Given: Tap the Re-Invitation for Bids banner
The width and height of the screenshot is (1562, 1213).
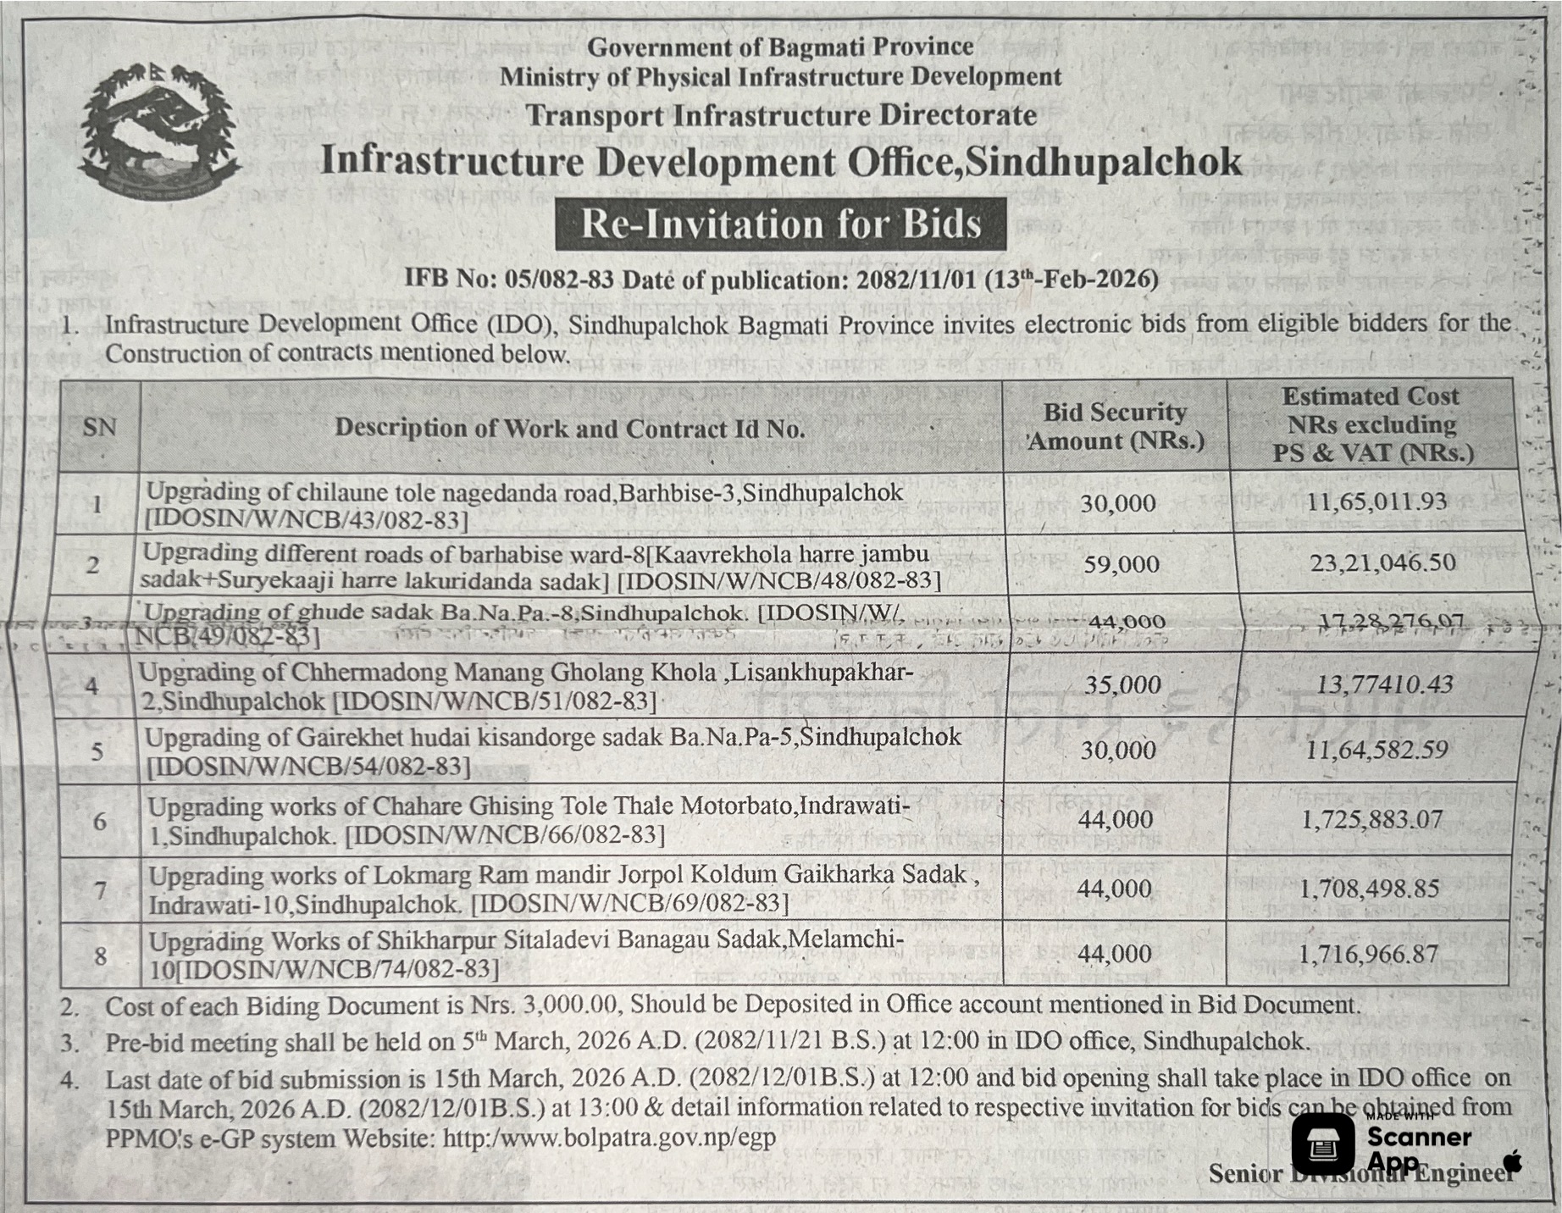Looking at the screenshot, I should [780, 224].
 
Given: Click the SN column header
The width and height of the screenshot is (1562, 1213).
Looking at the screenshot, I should [99, 427].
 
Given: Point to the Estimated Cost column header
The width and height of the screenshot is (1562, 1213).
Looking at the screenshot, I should [1371, 424].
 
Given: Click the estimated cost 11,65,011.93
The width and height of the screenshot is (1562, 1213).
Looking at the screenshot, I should [1376, 501].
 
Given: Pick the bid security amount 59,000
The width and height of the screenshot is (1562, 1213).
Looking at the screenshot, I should [1122, 564].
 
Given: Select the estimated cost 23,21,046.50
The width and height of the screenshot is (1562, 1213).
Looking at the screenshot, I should [1382, 562].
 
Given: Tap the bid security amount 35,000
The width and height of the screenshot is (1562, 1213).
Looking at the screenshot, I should [1122, 684].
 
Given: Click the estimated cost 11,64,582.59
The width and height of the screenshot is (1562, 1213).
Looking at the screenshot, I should [1376, 750].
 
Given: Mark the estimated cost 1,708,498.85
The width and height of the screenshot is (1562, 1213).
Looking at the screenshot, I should [1370, 889].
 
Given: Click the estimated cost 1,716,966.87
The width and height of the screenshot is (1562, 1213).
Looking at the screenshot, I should [1368, 955].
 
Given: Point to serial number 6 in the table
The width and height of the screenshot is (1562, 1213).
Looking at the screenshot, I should [100, 821].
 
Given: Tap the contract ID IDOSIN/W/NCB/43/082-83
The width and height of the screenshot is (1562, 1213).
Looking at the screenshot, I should [307, 519].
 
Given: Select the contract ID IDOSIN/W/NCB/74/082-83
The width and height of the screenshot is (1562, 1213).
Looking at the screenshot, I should [336, 969].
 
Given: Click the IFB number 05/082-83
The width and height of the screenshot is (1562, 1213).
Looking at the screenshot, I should [558, 279].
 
